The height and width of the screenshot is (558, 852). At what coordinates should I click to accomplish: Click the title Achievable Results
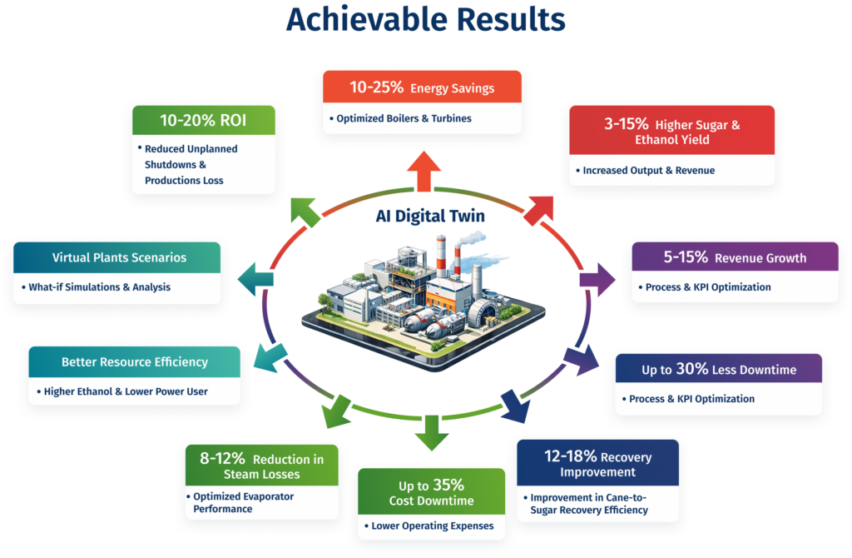click(x=425, y=20)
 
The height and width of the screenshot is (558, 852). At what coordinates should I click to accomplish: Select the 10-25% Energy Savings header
click(x=421, y=87)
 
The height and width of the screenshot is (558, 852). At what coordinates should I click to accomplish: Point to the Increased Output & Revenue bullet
click(x=643, y=171)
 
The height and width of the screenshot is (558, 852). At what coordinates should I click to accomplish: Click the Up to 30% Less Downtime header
click(x=718, y=369)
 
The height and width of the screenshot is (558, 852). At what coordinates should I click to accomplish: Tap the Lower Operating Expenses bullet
click(x=427, y=526)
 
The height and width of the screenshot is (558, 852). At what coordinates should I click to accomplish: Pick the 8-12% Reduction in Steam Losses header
click(x=260, y=466)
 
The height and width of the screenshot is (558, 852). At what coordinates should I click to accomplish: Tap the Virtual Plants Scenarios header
click(x=119, y=257)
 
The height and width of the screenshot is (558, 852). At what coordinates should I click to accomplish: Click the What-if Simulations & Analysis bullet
click(x=97, y=287)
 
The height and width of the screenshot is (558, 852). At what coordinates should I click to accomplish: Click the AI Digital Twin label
click(x=424, y=215)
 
